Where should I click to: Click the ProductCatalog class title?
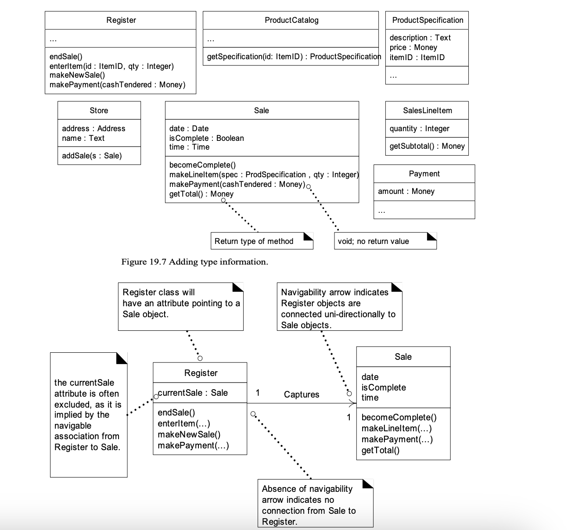(x=291, y=20)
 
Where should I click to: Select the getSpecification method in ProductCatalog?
(x=294, y=56)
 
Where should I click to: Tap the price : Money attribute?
(x=413, y=47)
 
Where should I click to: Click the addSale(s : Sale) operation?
(x=92, y=156)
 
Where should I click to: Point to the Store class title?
(x=99, y=110)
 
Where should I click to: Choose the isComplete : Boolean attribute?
(x=207, y=138)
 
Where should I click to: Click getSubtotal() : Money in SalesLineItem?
(x=427, y=146)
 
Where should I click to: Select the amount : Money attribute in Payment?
(x=406, y=191)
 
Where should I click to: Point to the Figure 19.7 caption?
(x=195, y=261)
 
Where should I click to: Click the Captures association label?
(x=302, y=394)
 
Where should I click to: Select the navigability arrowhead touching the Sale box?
(x=352, y=403)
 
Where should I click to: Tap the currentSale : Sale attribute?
(x=193, y=393)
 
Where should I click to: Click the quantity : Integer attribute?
(x=419, y=128)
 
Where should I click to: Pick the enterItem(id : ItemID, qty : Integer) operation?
(x=111, y=66)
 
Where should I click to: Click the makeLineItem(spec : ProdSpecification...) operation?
(x=264, y=175)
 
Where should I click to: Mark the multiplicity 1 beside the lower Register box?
(x=258, y=393)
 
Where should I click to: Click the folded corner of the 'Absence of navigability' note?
(x=368, y=483)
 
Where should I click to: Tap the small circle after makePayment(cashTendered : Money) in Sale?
(x=309, y=186)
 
